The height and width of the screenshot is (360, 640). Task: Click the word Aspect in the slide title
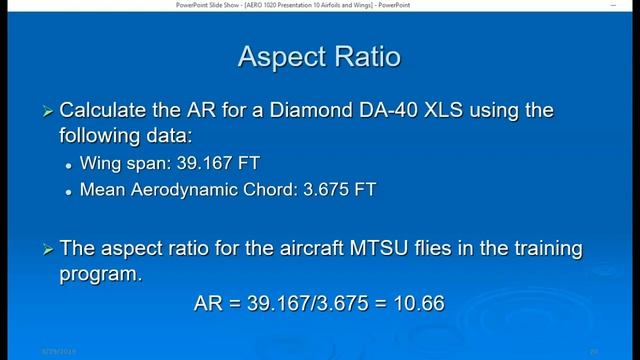point(278,56)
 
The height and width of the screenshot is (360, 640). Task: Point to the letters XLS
point(469,109)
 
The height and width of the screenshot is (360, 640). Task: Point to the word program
point(99,271)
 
